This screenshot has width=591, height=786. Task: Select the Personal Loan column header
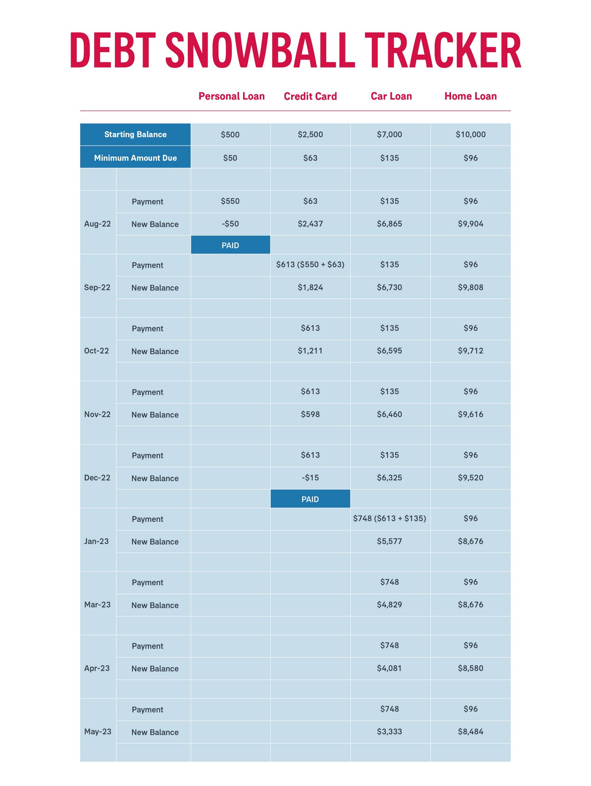pos(232,96)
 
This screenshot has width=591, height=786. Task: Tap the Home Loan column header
pos(470,96)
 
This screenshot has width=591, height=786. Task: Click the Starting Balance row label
pos(135,134)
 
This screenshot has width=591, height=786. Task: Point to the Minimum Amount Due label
pos(135,158)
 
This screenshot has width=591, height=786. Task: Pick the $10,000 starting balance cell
pos(470,134)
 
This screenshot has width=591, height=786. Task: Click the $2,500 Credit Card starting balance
pos(310,134)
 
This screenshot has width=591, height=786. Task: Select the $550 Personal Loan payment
pos(230,201)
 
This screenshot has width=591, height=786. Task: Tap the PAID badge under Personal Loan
pos(230,245)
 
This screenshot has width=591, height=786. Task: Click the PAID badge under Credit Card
pos(310,499)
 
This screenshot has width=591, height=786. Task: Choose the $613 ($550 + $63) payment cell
pos(310,265)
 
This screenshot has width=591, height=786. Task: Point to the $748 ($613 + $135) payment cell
pos(389,518)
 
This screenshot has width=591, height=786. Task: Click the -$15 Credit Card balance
pos(310,478)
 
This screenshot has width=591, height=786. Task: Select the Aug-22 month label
pos(98,224)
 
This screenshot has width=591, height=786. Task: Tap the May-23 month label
pos(98,731)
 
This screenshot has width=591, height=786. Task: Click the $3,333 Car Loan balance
pos(389,731)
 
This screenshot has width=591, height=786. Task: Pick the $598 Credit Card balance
pos(310,414)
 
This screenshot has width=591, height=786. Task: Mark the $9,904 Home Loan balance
pos(470,224)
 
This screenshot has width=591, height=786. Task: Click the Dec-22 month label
pos(97,478)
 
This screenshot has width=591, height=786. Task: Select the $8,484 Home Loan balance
pos(470,731)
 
